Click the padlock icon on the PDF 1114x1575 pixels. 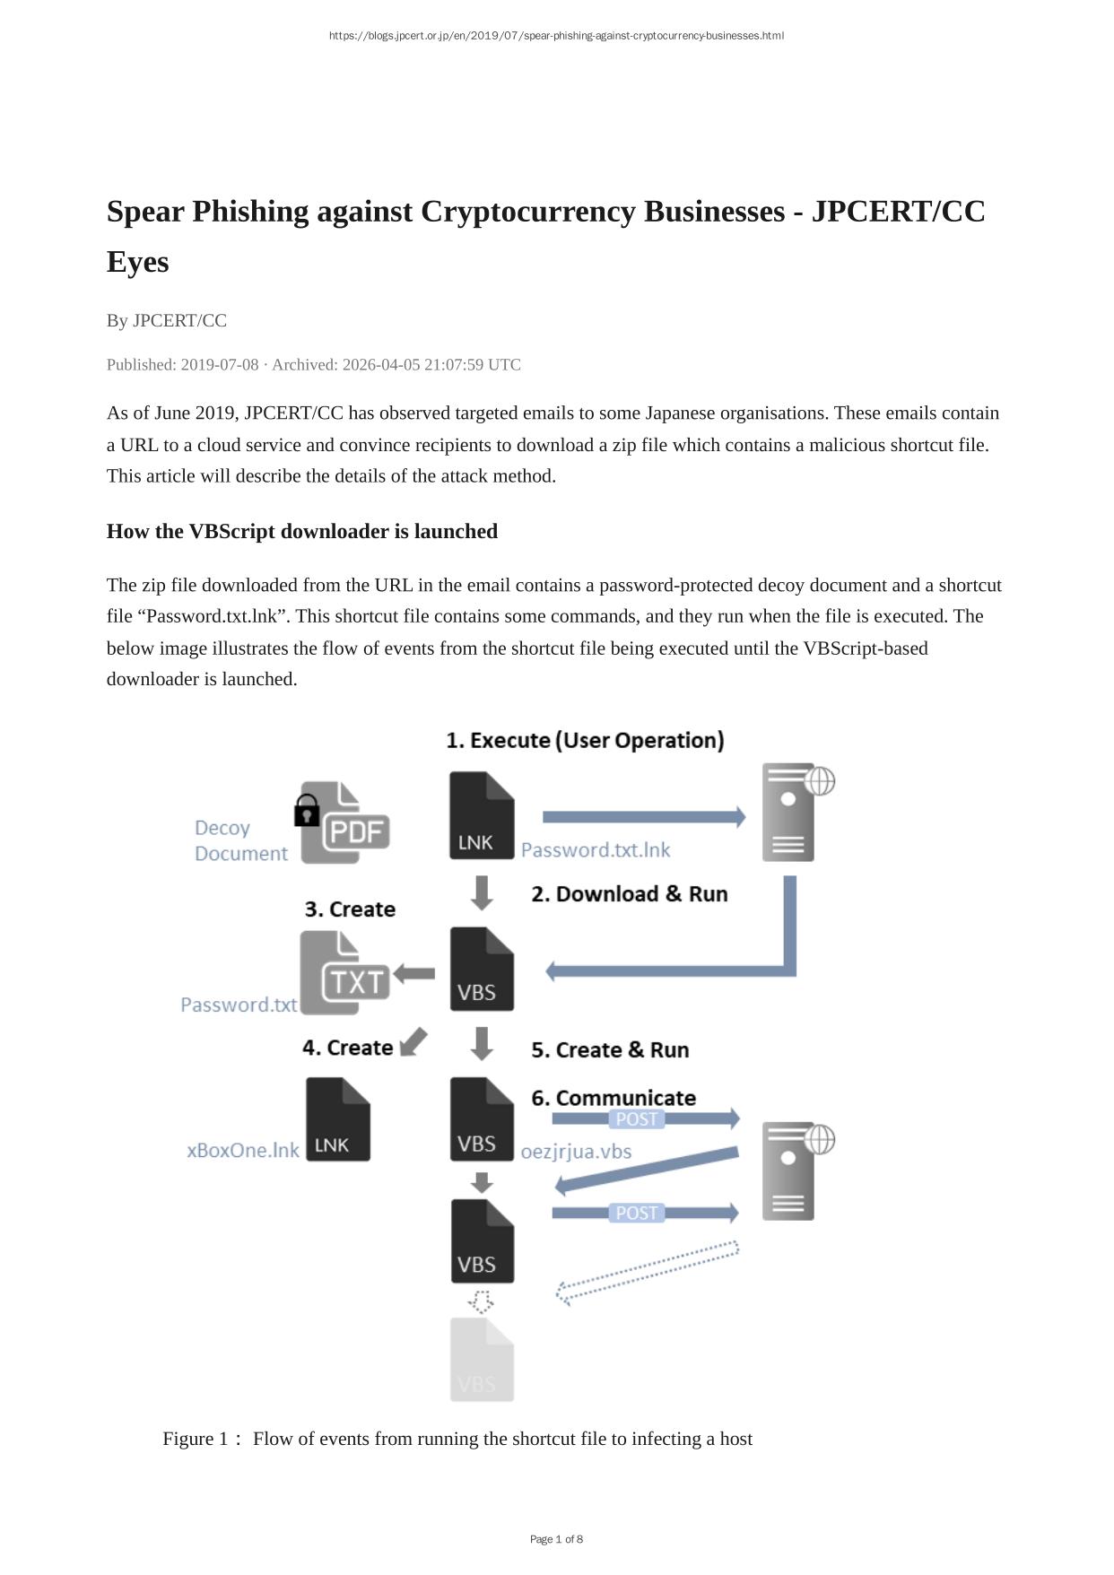click(307, 811)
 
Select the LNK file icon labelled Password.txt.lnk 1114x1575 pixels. click(482, 815)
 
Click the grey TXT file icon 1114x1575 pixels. click(344, 974)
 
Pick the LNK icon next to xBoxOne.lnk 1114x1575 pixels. click(338, 1119)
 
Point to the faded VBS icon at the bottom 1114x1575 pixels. click(482, 1360)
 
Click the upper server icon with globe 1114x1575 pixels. click(791, 812)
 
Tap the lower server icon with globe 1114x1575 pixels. click(791, 1170)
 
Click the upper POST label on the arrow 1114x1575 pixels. click(637, 1119)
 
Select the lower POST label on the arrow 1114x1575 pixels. click(637, 1214)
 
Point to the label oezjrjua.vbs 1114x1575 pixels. click(576, 1152)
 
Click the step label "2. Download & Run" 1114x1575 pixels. click(629, 894)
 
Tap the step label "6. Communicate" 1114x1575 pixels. click(613, 1098)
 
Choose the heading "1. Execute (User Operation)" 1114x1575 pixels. click(585, 741)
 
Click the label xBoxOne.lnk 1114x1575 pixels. click(243, 1151)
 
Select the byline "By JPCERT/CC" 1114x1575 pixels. click(167, 321)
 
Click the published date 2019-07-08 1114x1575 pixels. click(219, 365)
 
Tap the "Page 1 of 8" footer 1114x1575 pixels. click(556, 1539)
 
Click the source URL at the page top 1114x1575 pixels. click(556, 36)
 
